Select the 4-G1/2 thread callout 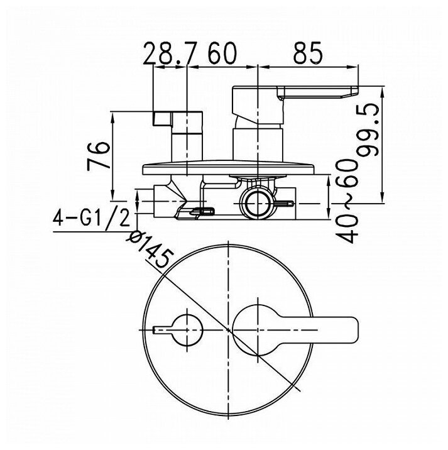coord(91,219)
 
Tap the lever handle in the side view coord(295,93)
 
